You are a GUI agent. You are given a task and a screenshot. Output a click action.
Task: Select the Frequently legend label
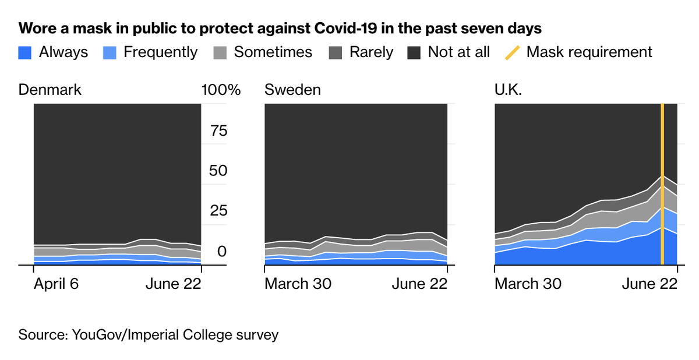160,52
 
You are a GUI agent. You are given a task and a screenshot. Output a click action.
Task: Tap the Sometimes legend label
273,52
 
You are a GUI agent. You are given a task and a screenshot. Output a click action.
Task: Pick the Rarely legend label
371,52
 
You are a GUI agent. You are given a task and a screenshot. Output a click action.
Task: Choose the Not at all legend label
458,52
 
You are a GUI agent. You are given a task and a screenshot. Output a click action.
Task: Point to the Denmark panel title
50,90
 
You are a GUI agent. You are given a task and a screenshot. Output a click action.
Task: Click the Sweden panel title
292,90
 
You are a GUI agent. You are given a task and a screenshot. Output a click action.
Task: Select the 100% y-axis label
221,90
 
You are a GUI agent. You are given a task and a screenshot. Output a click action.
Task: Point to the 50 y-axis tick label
218,171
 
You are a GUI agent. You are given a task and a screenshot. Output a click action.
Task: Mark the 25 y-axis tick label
218,210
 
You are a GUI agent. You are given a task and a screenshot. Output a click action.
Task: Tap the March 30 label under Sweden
298,284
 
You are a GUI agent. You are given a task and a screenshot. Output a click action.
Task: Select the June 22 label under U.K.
650,284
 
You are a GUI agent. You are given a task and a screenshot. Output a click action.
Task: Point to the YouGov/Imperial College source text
175,335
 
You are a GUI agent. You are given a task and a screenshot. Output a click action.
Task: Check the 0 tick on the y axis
221,252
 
